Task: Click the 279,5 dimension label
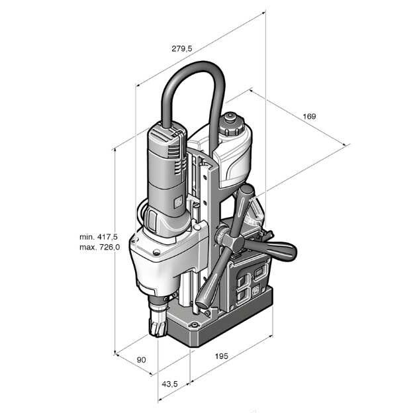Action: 182,48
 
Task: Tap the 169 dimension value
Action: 309,116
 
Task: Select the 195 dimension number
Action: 221,356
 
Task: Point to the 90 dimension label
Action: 141,359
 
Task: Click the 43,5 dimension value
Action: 169,384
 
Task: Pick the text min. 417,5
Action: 99,237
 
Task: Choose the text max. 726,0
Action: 99,247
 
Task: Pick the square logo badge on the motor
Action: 178,203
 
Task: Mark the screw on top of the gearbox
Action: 156,252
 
